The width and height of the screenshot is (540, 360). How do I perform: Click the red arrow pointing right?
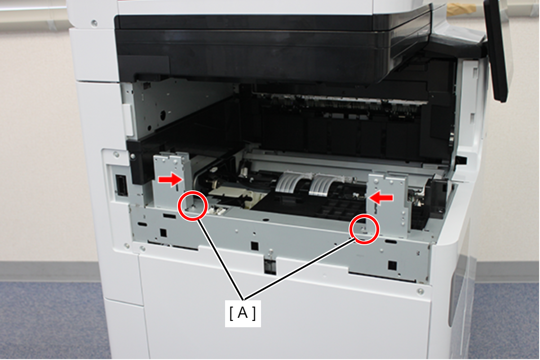[x=170, y=180]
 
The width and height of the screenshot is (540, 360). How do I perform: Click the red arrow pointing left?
[x=381, y=198]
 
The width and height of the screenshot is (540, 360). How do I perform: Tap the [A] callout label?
[x=243, y=313]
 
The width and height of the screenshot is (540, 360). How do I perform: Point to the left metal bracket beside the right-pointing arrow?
[x=172, y=180]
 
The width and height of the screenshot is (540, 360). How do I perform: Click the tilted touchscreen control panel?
[x=496, y=51]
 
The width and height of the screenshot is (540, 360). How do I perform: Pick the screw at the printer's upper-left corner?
[x=94, y=23]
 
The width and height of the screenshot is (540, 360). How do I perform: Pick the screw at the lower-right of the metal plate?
[x=420, y=291]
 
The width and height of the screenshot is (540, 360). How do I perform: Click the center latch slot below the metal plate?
[x=270, y=266]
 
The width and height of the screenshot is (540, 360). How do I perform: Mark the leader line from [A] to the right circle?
[x=299, y=268]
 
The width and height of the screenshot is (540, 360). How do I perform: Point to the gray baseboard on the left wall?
[x=50, y=272]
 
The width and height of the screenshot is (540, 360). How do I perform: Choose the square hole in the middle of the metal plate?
[x=254, y=246]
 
